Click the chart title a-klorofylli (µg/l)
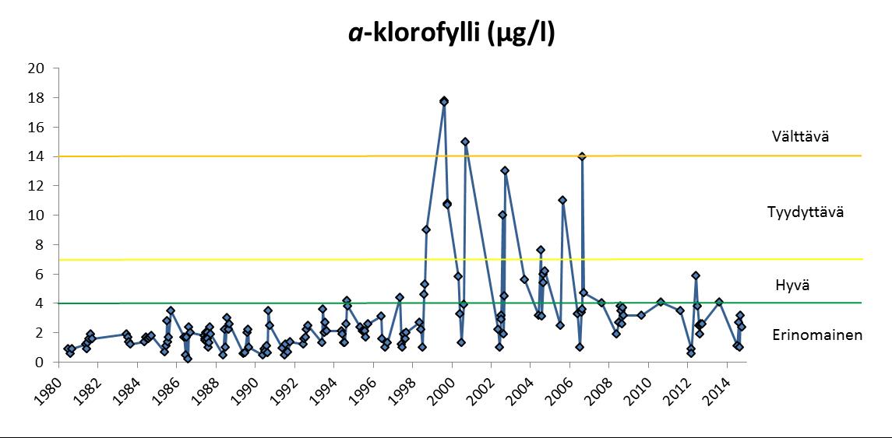click(446, 34)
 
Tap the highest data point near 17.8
click(444, 101)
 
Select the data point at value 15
click(465, 142)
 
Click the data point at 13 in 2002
click(505, 170)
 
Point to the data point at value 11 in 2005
click(562, 200)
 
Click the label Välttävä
click(801, 137)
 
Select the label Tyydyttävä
click(806, 212)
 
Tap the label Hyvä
click(793, 286)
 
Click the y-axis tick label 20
click(35, 68)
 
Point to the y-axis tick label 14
click(35, 156)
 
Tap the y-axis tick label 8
click(38, 244)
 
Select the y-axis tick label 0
click(38, 362)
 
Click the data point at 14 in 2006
click(582, 156)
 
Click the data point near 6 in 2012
click(696, 275)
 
